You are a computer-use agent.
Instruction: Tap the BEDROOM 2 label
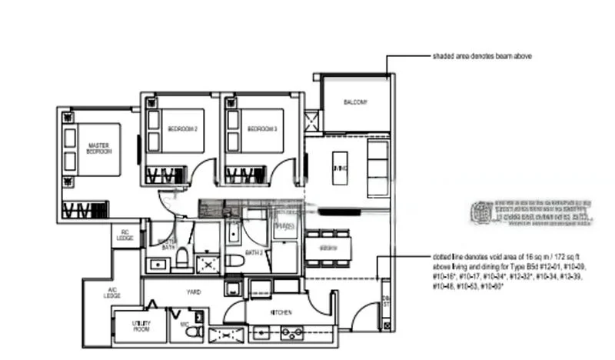coord(183,128)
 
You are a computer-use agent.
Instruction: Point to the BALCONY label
coord(355,102)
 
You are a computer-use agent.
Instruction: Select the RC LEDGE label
coord(125,235)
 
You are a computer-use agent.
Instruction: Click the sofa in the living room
coord(377,168)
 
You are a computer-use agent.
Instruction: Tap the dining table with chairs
coord(328,248)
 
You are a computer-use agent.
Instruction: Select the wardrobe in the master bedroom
coord(85,209)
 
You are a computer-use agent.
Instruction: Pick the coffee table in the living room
coord(340,168)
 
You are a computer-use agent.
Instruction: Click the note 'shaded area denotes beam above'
coord(481,56)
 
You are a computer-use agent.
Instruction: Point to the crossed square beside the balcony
coord(311,122)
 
